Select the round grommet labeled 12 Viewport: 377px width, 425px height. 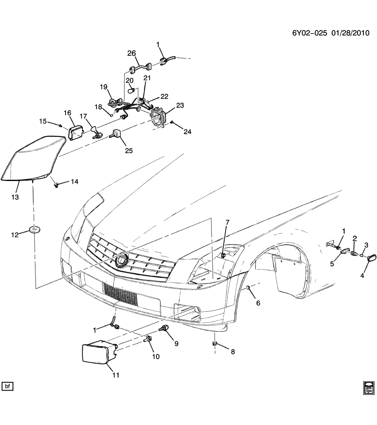click(34, 229)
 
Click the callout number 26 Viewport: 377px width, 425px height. click(132, 53)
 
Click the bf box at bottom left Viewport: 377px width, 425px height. click(7, 386)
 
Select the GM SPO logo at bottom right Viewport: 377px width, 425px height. click(368, 387)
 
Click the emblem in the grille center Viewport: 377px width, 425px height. click(121, 261)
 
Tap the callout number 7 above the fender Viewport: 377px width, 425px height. click(227, 222)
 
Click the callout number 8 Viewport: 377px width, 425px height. click(232, 352)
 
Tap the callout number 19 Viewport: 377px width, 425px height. click(104, 86)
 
